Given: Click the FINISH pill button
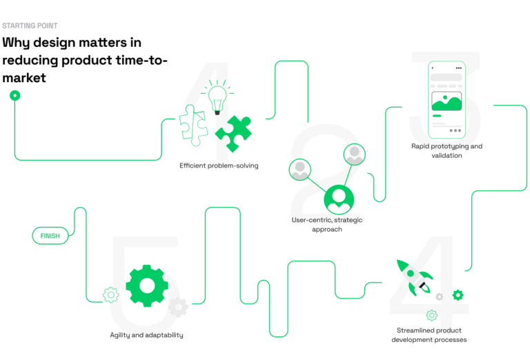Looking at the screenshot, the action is (50, 236).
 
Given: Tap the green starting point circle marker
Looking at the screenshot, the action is (15, 96).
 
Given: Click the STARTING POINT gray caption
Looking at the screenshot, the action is (30, 26).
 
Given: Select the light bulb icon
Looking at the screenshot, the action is (217, 97).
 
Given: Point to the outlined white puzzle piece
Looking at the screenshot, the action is (193, 126).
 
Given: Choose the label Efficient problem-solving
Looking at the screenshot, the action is (219, 166).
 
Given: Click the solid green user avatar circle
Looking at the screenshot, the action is (339, 199).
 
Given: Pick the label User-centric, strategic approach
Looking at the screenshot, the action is (327, 225).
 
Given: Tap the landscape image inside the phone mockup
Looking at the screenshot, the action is (446, 101).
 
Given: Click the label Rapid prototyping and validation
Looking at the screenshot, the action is (446, 150).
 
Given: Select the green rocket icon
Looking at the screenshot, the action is (414, 278).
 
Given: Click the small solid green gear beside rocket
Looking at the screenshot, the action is (458, 294).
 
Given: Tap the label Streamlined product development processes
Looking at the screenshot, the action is (429, 335).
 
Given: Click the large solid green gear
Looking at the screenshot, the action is (147, 286).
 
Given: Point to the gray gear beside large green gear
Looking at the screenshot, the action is (178, 307).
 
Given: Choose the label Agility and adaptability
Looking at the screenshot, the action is (147, 335).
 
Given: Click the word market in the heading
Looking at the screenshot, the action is (24, 78).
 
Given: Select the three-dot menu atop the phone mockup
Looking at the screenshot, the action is (459, 68).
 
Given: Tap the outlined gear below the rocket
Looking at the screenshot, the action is (431, 315).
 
